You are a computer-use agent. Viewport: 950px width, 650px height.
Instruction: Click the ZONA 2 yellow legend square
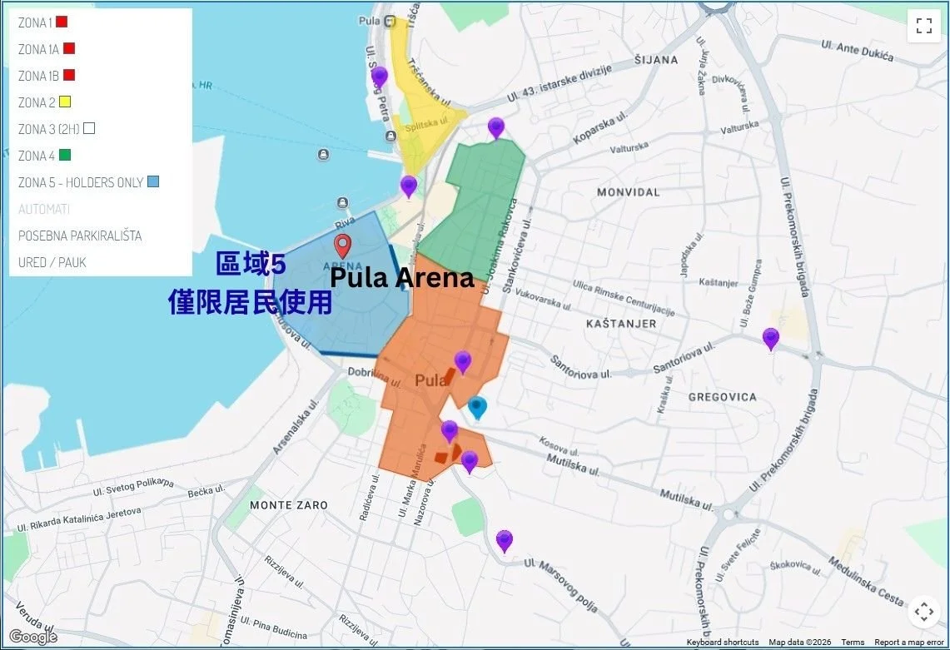[x=64, y=102]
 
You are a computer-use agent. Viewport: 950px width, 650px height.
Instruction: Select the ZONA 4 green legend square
[x=65, y=156]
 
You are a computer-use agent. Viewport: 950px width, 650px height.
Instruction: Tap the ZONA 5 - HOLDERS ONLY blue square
[x=152, y=182]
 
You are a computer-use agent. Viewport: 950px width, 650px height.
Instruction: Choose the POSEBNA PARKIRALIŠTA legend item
[x=80, y=236]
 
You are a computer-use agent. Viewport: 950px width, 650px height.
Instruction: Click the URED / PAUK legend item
[x=52, y=262]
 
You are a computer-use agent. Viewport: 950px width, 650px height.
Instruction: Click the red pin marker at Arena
[x=342, y=246]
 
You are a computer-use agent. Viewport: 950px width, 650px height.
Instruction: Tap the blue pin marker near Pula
[x=477, y=407]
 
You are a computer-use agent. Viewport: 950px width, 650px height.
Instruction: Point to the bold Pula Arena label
[x=402, y=278]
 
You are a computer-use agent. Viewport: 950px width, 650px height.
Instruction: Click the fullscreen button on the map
[x=923, y=25]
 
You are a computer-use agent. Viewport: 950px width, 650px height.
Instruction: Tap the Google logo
[x=33, y=637]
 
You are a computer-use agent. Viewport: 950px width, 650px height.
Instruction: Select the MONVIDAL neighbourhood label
[x=628, y=192]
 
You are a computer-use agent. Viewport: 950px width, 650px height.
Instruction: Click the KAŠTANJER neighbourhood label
[x=620, y=323]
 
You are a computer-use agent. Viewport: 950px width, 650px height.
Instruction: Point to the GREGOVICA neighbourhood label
[x=722, y=397]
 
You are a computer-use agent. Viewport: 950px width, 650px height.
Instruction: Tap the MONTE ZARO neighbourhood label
[x=289, y=505]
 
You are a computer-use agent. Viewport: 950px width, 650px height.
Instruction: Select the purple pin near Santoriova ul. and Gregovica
[x=771, y=338]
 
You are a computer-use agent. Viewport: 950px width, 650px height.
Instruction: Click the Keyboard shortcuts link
[x=723, y=643]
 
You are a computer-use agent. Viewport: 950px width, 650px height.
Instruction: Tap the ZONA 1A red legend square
[x=69, y=48]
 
